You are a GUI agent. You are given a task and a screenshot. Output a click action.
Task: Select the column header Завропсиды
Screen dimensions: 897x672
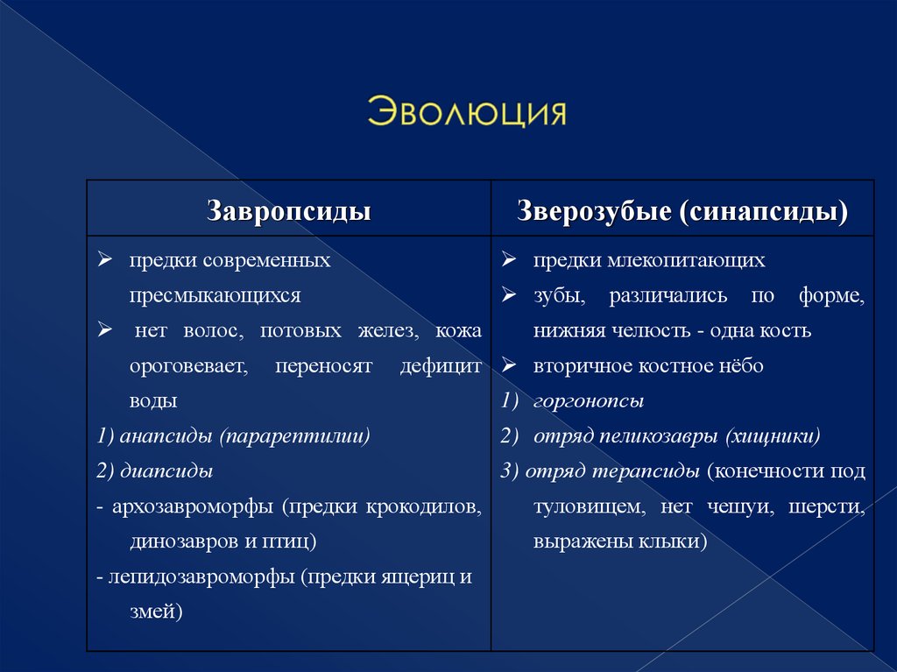click(x=288, y=211)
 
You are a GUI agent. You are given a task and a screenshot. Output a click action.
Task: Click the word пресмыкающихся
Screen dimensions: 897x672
click(x=215, y=296)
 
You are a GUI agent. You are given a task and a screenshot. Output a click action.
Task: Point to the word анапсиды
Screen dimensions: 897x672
click(x=167, y=435)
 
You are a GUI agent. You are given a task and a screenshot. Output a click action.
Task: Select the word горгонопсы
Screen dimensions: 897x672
click(x=589, y=401)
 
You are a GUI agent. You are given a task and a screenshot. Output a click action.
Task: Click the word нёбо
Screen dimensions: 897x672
click(x=742, y=366)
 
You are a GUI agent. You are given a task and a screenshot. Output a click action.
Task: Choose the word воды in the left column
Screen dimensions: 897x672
click(x=154, y=401)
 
